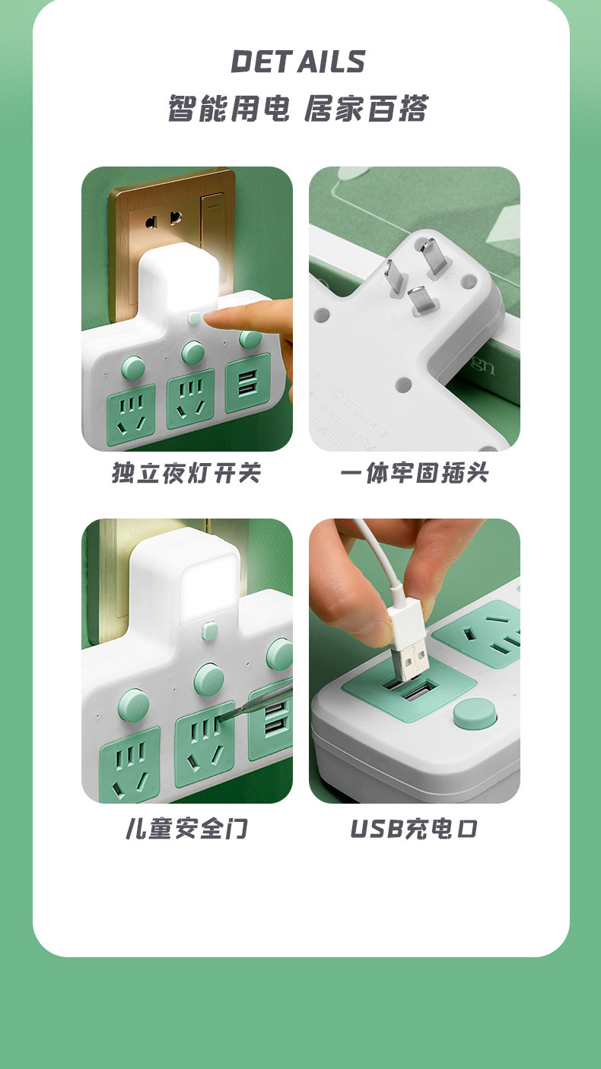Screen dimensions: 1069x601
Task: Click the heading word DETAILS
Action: click(x=298, y=62)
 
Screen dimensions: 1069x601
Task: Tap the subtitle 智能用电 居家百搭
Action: click(x=298, y=109)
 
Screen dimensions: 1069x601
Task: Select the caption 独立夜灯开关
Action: click(x=186, y=473)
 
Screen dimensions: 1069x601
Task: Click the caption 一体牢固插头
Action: click(x=415, y=473)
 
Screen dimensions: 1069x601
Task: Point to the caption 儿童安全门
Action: click(x=186, y=828)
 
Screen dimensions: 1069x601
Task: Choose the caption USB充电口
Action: click(x=415, y=828)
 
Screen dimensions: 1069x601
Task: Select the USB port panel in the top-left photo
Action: click(x=249, y=383)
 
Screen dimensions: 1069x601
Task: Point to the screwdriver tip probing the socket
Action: click(x=225, y=718)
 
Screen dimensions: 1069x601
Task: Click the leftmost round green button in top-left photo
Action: click(x=134, y=368)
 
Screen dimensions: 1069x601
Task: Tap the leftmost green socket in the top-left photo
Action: click(x=131, y=414)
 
